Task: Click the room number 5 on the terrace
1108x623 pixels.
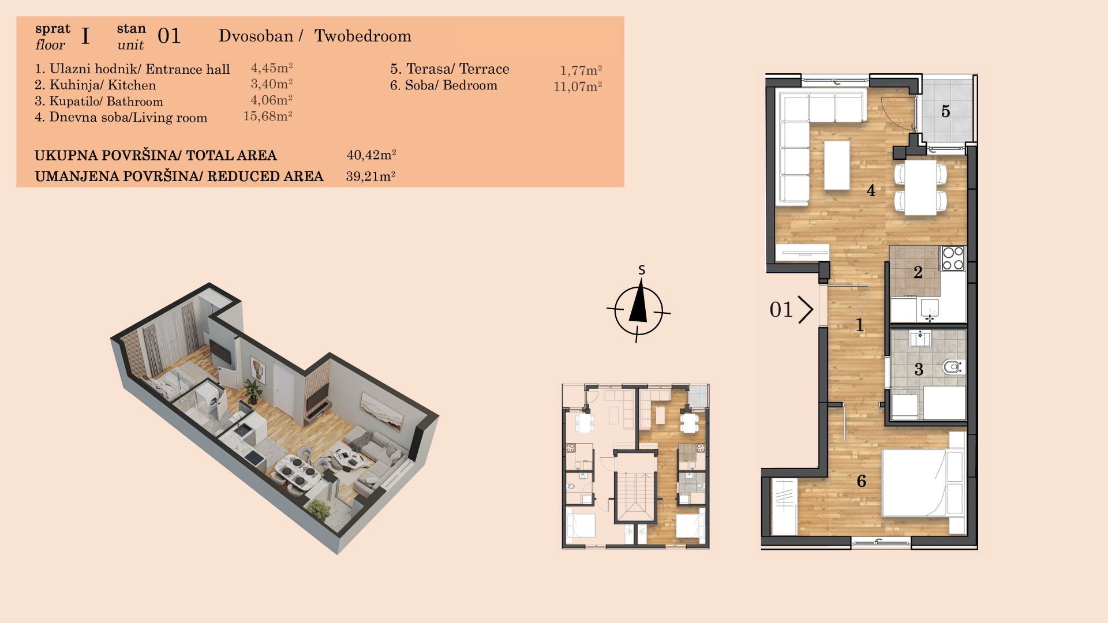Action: [945, 111]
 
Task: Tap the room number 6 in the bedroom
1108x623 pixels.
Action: [862, 481]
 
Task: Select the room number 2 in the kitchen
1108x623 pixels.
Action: [918, 272]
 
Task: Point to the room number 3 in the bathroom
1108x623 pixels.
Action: [919, 369]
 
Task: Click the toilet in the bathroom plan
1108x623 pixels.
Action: [953, 366]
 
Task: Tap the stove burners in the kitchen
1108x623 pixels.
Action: [953, 258]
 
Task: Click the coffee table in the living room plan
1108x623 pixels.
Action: [837, 165]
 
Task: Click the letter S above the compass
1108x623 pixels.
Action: [642, 270]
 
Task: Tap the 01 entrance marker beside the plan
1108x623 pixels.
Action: [791, 310]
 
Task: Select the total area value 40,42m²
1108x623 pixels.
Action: [371, 155]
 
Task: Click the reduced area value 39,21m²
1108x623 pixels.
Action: [370, 176]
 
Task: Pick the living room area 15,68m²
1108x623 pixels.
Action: [268, 116]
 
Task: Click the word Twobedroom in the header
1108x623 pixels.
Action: [363, 36]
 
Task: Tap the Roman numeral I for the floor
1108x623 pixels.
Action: [85, 36]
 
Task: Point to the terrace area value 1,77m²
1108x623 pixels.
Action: [581, 70]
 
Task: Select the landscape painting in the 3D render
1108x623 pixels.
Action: [382, 411]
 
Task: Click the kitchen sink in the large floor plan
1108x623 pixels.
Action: [930, 307]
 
